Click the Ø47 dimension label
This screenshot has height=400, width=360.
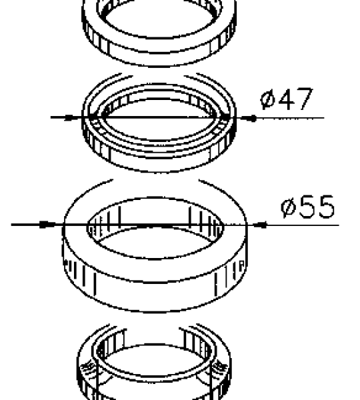(287, 99)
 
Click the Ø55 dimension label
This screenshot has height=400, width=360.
(308, 207)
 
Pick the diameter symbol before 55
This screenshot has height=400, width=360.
(288, 207)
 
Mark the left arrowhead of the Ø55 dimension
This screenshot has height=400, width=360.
(48, 225)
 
